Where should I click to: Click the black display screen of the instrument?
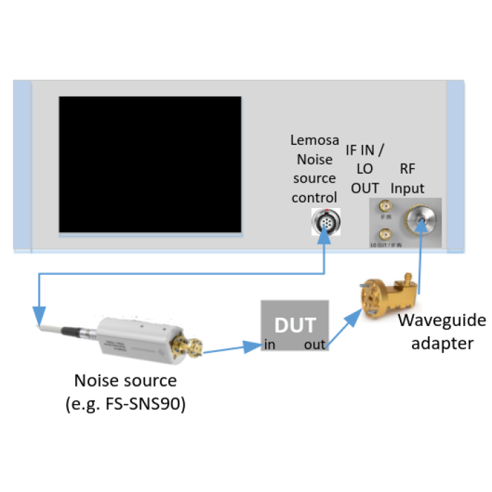point(150,164)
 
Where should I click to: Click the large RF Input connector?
point(420,221)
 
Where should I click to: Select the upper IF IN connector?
point(384,207)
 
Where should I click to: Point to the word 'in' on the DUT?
point(269,344)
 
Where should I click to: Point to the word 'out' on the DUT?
point(314,344)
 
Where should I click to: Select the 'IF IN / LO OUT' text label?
point(365,169)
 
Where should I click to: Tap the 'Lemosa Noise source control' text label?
point(313,169)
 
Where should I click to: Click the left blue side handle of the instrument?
point(22,166)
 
